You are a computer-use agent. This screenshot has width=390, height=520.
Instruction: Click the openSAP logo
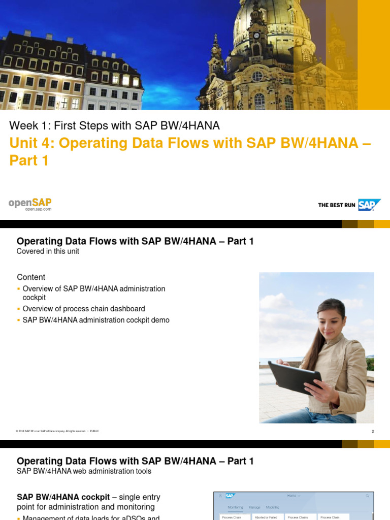pyautogui.click(x=30, y=204)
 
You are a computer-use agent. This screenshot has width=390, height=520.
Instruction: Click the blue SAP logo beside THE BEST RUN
pyautogui.click(x=369, y=205)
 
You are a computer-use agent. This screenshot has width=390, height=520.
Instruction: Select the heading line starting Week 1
pyautogui.click(x=115, y=125)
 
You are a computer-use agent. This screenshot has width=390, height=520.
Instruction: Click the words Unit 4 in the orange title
pyautogui.click(x=31, y=143)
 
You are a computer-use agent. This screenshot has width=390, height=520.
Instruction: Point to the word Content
pyautogui.click(x=31, y=277)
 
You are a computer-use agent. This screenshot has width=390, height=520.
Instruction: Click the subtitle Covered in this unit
pyautogui.click(x=48, y=251)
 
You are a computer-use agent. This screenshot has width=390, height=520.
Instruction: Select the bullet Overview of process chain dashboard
pyautogui.click(x=84, y=309)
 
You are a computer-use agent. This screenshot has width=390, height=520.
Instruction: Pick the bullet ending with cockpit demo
pyautogui.click(x=96, y=320)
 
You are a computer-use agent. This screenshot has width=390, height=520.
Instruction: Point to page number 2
pyautogui.click(x=372, y=431)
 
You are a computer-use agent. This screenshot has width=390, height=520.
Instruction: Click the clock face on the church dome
pyautogui.click(x=256, y=36)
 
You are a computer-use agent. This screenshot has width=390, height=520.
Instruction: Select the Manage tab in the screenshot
pyautogui.click(x=254, y=507)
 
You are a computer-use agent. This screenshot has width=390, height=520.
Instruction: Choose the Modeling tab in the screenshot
pyautogui.click(x=273, y=507)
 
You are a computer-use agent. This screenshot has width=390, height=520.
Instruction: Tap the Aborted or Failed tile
pyautogui.click(x=266, y=517)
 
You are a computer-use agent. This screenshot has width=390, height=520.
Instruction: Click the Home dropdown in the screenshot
pyautogui.click(x=294, y=496)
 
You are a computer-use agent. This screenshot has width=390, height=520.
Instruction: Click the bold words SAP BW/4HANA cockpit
pyautogui.click(x=63, y=497)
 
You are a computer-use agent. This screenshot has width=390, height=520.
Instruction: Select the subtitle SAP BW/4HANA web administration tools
pyautogui.click(x=84, y=471)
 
